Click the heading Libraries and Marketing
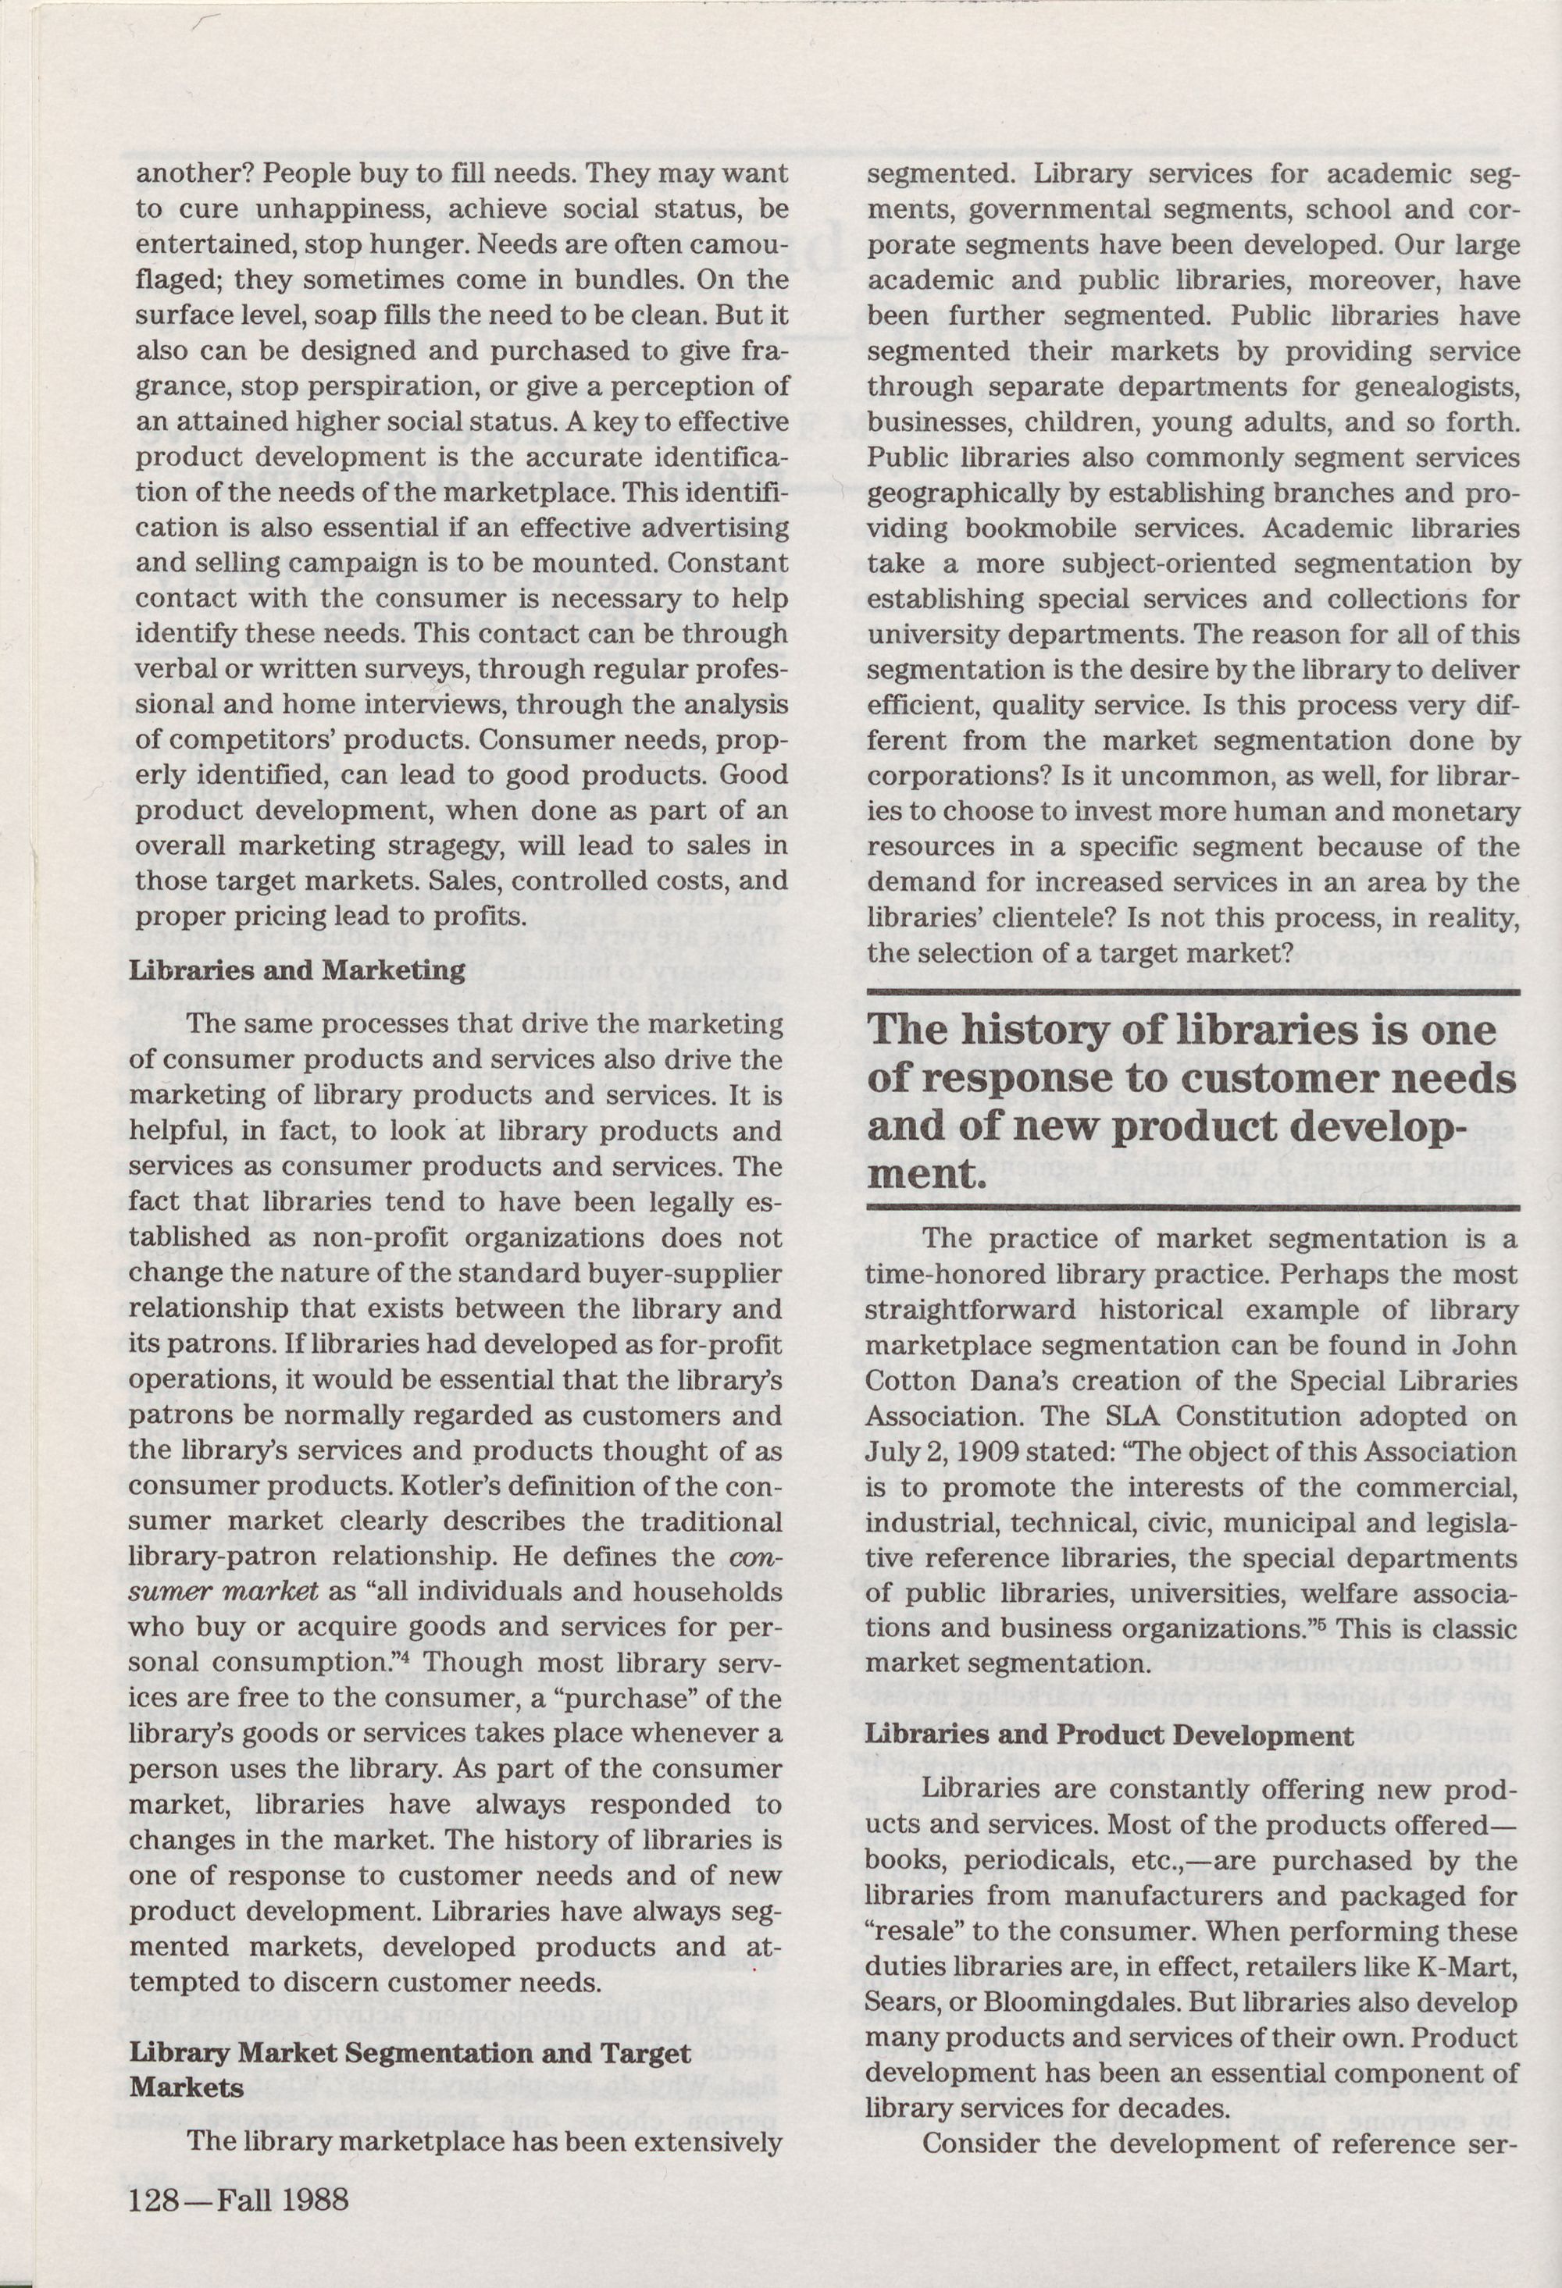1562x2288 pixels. point(298,970)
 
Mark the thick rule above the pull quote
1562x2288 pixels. point(1193,995)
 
